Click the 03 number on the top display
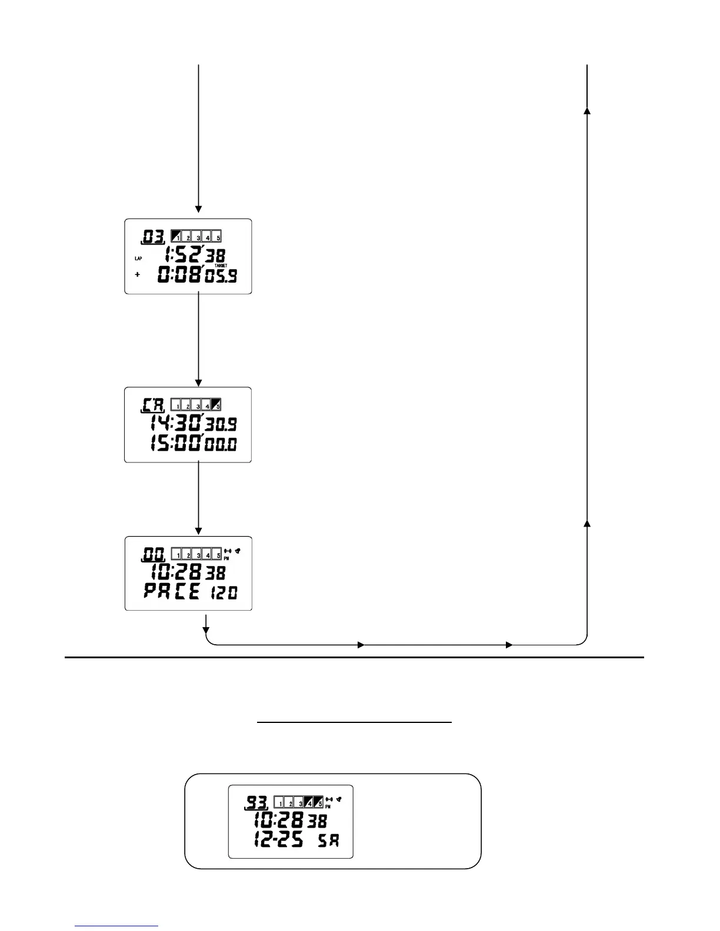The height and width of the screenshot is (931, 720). (x=153, y=237)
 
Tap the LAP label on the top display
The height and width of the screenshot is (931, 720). (x=138, y=258)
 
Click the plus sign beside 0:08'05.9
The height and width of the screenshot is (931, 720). (x=138, y=274)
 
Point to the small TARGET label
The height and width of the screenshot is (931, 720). (x=221, y=266)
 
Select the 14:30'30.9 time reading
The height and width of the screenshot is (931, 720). (x=194, y=423)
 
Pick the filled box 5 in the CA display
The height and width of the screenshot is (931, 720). (x=216, y=404)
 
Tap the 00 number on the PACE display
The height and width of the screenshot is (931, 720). (x=153, y=554)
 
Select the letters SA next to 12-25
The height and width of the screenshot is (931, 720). (x=328, y=840)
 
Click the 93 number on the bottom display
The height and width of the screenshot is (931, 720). (x=256, y=802)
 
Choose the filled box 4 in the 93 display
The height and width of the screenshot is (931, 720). (x=309, y=802)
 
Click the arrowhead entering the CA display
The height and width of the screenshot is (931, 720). (x=198, y=383)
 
